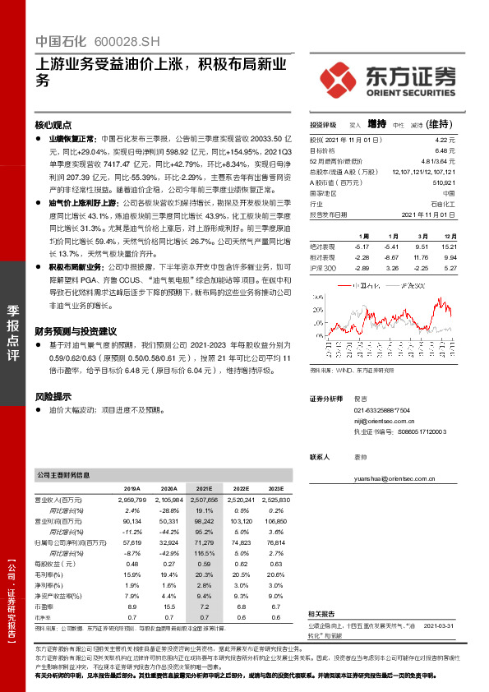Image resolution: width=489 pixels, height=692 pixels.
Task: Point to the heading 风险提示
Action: [x=53, y=396]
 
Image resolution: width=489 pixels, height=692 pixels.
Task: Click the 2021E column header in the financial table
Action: [x=205, y=487]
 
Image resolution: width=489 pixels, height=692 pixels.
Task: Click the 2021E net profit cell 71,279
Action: [x=205, y=542]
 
